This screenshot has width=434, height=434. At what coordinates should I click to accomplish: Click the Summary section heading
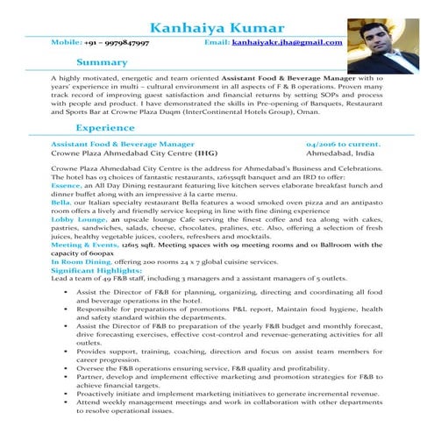click(x=102, y=62)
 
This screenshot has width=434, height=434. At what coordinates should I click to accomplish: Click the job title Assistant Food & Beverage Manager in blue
click(x=123, y=143)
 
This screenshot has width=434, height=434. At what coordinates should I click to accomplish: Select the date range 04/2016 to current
click(x=343, y=143)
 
